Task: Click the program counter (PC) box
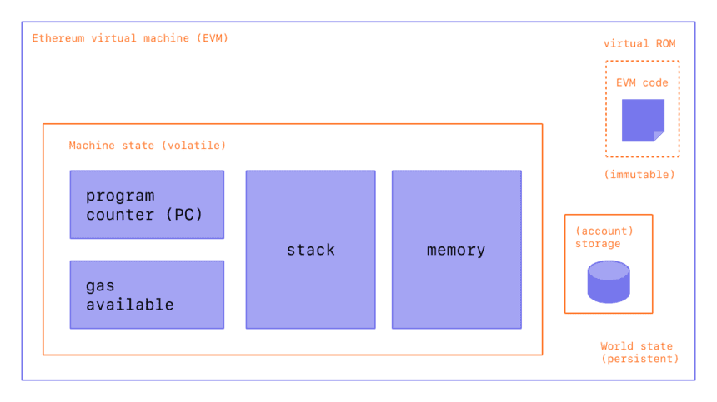click(147, 205)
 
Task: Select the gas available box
click(147, 294)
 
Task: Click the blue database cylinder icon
click(609, 281)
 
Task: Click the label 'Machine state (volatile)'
click(147, 146)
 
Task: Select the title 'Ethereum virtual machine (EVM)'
click(129, 38)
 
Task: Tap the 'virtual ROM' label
click(639, 43)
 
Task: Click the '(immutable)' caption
click(639, 175)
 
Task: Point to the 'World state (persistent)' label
click(639, 352)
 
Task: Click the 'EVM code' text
click(642, 83)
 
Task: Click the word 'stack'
click(310, 250)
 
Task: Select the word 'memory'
click(456, 250)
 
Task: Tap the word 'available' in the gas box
click(130, 305)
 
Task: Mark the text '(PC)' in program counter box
click(183, 215)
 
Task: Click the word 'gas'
click(100, 285)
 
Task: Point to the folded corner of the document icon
click(659, 136)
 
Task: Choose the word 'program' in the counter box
click(120, 196)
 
